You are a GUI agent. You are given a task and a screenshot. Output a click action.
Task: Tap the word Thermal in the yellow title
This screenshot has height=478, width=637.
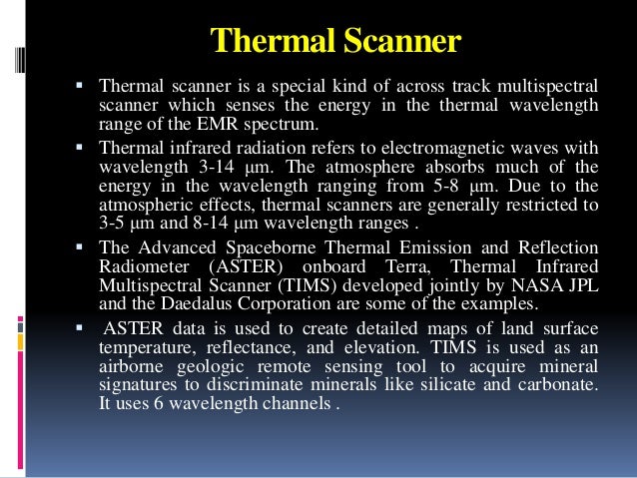pyautogui.click(x=262, y=41)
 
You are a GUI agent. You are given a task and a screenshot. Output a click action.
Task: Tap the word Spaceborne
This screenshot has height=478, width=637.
pyautogui.click(x=263, y=246)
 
